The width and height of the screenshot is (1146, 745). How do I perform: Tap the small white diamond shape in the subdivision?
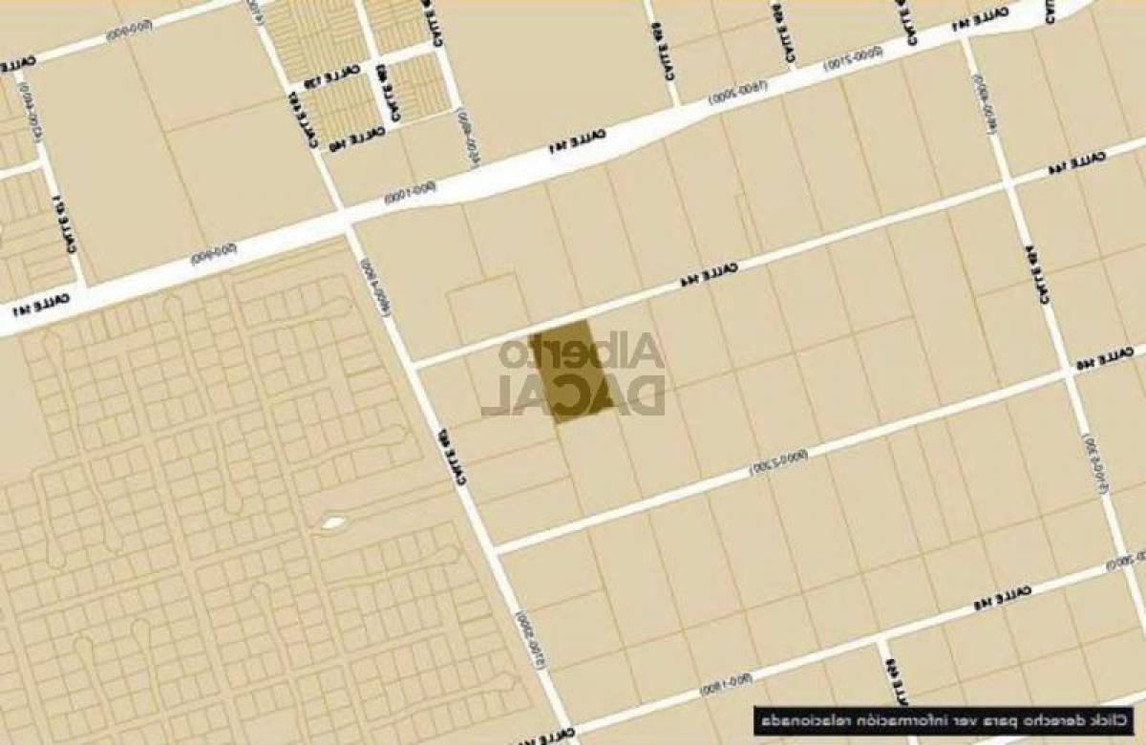pos(331,522)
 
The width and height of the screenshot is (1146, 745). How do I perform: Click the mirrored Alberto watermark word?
pos(581,353)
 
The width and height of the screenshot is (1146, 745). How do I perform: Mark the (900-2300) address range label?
pos(776,463)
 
